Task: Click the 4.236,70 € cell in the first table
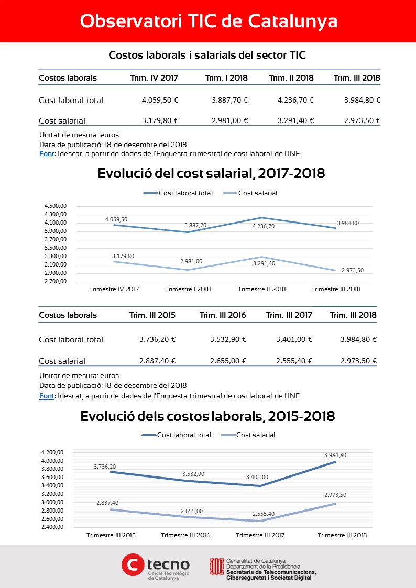click(x=295, y=100)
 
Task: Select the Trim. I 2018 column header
click(x=226, y=78)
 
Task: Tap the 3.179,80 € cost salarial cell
click(x=160, y=120)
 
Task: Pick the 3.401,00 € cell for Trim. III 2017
click(x=294, y=339)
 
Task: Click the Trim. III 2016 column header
click(x=223, y=315)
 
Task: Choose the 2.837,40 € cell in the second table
click(x=158, y=361)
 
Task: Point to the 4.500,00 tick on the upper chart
click(x=56, y=206)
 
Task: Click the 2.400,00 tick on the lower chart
click(x=52, y=527)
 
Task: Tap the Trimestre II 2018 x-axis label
click(x=262, y=289)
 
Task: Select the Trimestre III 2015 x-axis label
click(x=111, y=535)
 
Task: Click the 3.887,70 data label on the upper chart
click(x=195, y=225)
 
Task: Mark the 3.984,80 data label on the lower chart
click(x=335, y=455)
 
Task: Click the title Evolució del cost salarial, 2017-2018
click(x=211, y=174)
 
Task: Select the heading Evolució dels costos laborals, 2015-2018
click(x=208, y=416)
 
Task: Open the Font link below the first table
click(x=47, y=153)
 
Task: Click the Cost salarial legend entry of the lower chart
click(x=248, y=435)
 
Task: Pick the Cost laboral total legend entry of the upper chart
click(x=178, y=193)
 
